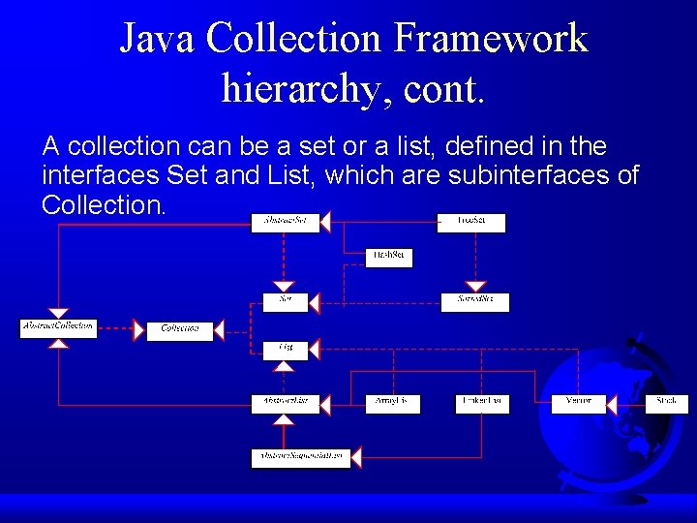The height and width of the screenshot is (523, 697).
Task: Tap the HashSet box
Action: click(389, 257)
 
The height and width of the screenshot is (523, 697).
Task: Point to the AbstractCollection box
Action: click(58, 326)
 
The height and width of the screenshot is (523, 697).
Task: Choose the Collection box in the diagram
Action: click(180, 329)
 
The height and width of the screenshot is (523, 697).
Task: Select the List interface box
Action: click(286, 347)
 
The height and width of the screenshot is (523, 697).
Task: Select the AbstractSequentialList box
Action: click(301, 456)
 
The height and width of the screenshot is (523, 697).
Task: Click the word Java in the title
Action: click(155, 39)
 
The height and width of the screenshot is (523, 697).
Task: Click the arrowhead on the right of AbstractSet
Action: click(325, 222)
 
